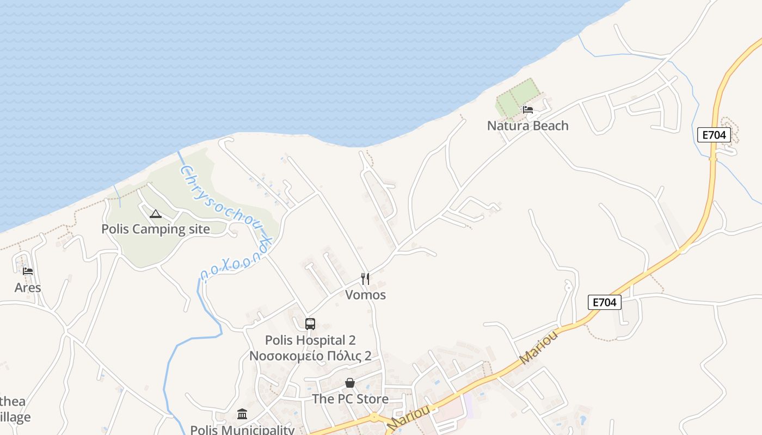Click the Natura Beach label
coord(527,126)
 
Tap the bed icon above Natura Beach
coord(527,110)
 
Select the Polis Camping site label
coord(155,229)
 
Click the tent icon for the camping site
coord(156,214)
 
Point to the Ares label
coord(28,288)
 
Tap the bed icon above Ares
coord(28,271)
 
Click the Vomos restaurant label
coord(365,295)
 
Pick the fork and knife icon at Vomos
coord(365,279)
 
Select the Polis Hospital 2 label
coord(310,340)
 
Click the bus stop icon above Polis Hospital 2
coord(310,324)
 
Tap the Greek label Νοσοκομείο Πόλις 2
coord(310,356)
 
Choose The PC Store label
coord(350,399)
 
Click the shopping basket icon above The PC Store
coord(350,383)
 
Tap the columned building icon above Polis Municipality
coord(242,414)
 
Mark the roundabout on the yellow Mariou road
coord(374,418)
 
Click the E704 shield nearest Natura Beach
coord(714,135)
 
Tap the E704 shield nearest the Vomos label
coord(604,302)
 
